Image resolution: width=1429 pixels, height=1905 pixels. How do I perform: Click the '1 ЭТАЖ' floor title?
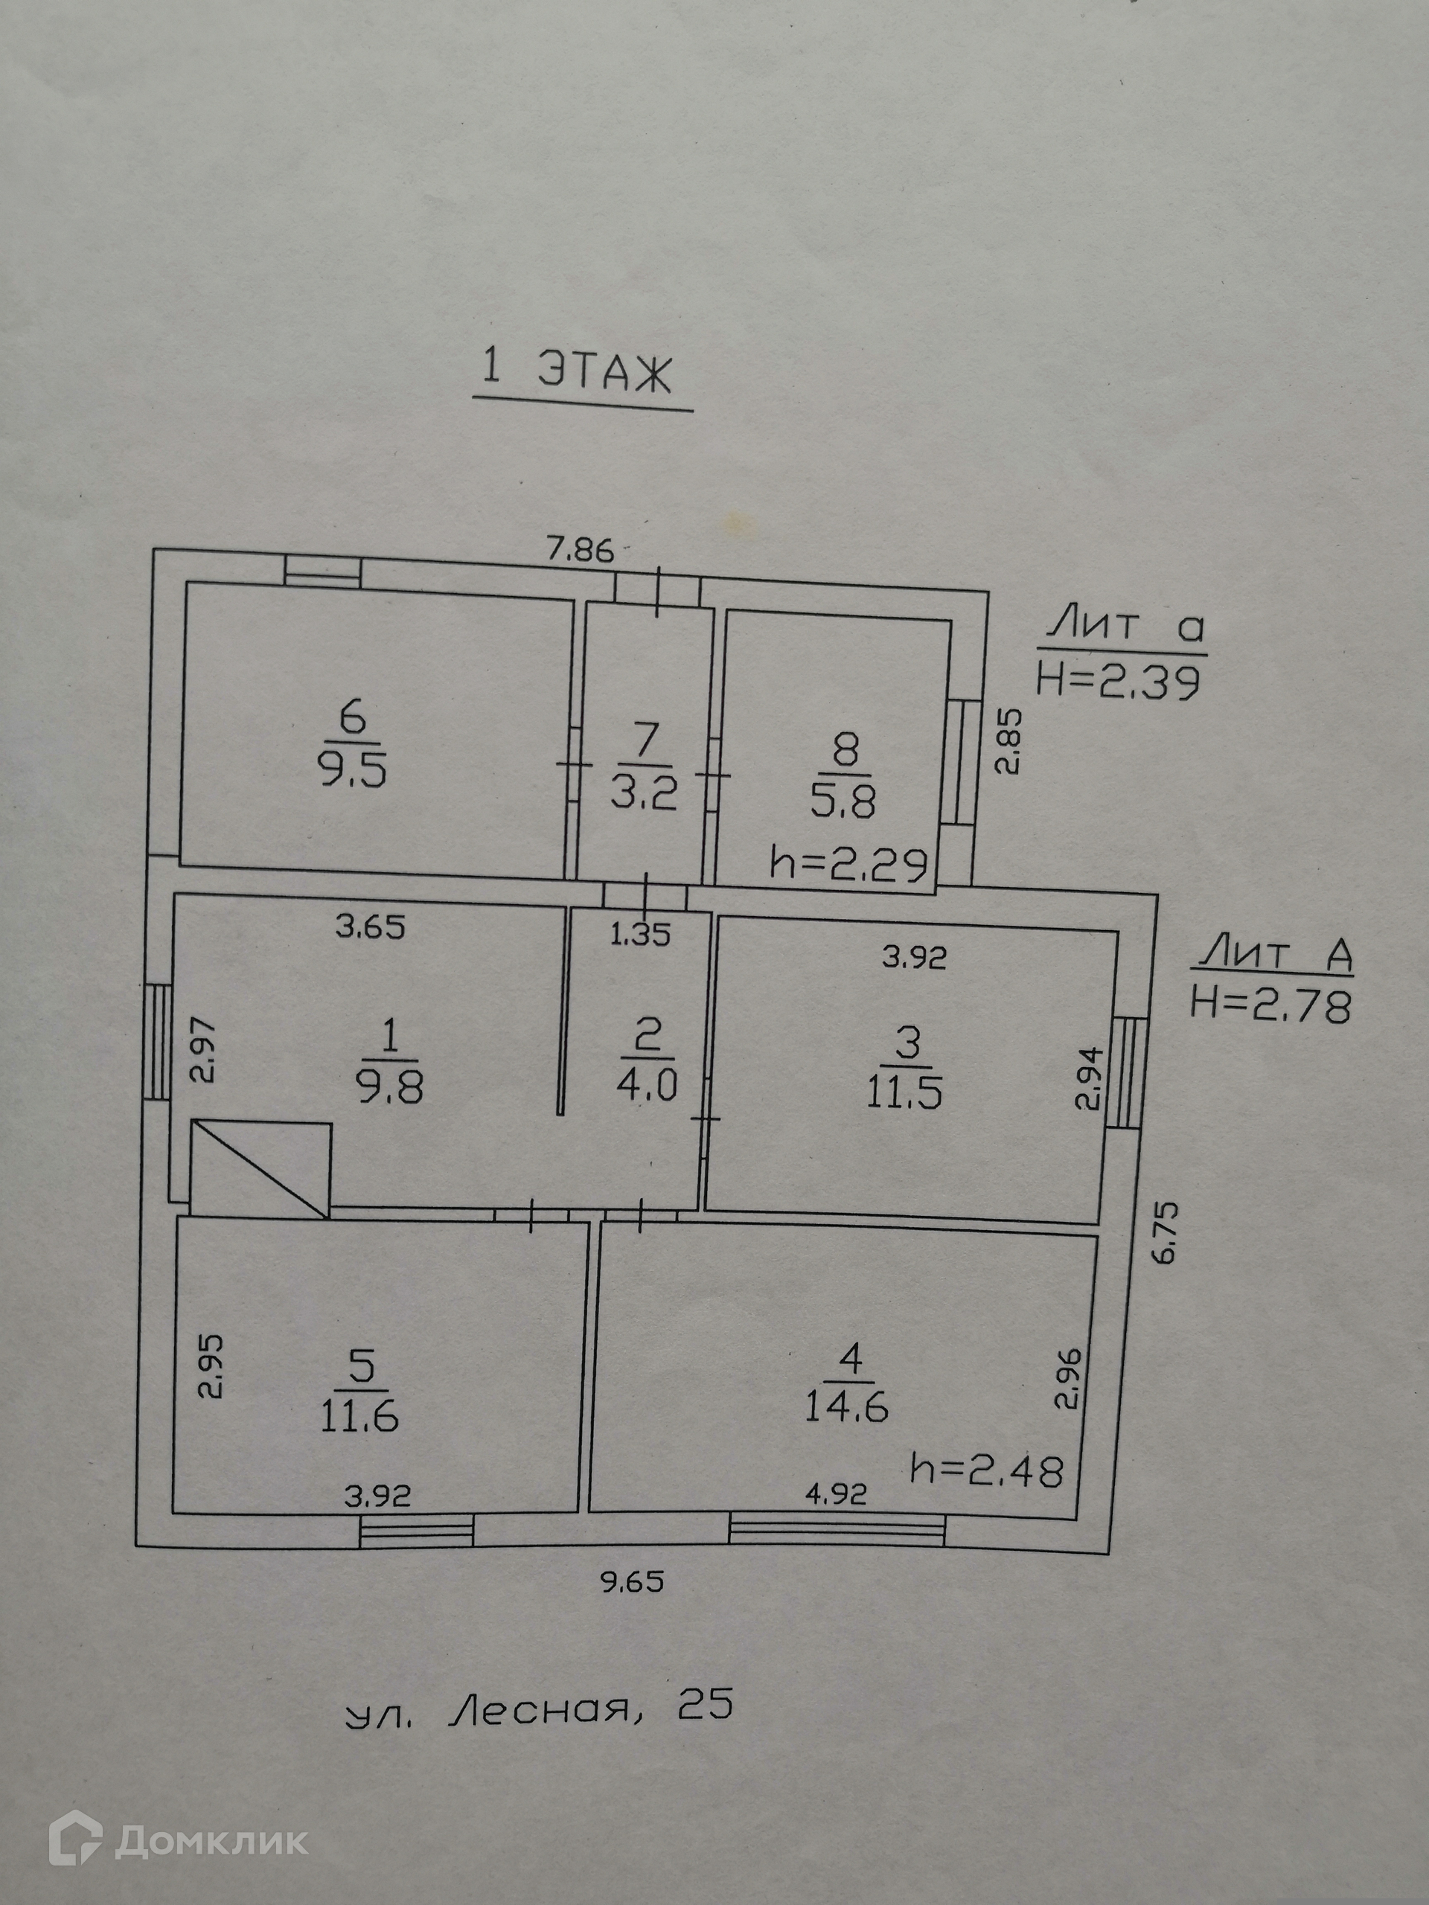576,373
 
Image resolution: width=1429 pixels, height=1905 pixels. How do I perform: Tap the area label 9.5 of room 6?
354,772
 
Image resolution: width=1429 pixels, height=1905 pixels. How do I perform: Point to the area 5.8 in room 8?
843,804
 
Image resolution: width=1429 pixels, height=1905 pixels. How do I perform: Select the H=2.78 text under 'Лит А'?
1270,1006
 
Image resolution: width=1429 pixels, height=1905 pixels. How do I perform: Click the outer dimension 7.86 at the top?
581,549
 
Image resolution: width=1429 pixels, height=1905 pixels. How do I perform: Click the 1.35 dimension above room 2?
640,935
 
